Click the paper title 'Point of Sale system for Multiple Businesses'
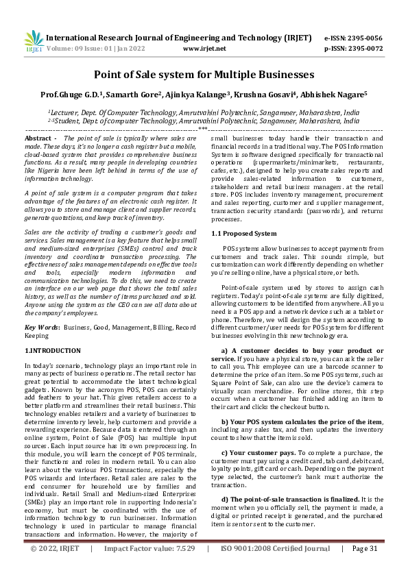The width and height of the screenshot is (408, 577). click(x=204, y=74)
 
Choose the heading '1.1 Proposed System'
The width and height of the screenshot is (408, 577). click(x=235, y=233)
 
